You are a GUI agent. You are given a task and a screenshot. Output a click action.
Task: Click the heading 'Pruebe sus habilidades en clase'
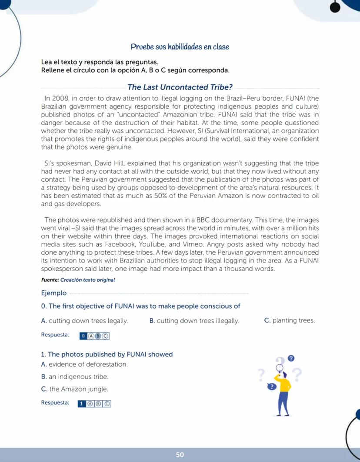(180, 47)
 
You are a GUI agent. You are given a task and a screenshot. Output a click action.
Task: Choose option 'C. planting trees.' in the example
(290, 321)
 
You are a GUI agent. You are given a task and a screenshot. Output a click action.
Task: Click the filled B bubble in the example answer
(98, 336)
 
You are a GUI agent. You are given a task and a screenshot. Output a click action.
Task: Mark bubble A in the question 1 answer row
(90, 403)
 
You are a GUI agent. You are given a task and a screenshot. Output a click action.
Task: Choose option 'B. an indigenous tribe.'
(74, 376)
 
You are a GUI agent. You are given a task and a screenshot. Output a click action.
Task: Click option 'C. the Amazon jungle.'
(74, 389)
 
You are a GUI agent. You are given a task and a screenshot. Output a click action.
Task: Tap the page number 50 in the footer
(180, 455)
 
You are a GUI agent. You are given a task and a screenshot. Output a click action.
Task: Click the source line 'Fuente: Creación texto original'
(78, 280)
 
